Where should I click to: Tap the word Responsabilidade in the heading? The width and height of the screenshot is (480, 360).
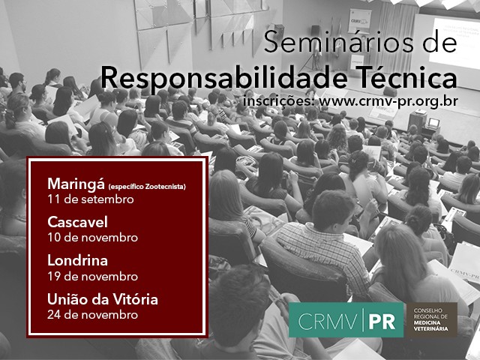click(x=224, y=78)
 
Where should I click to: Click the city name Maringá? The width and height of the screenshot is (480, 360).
click(x=76, y=184)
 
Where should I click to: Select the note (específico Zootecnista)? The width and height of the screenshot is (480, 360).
click(x=147, y=187)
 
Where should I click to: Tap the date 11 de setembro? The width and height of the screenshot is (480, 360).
click(x=91, y=199)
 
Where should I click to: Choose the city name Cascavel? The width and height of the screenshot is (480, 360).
click(x=77, y=222)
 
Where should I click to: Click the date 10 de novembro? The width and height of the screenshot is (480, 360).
click(x=93, y=238)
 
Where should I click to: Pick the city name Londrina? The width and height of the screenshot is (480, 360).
click(x=77, y=260)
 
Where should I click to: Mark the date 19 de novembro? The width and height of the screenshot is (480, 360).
click(x=93, y=277)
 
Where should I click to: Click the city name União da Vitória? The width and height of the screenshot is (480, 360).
click(x=103, y=299)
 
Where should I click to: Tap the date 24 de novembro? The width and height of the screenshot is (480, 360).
click(x=93, y=315)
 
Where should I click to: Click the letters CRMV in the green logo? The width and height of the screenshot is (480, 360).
click(x=327, y=321)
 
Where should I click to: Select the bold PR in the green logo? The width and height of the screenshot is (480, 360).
click(x=382, y=321)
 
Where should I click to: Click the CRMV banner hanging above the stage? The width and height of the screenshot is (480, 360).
click(x=359, y=21)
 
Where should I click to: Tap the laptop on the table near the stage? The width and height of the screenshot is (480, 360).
click(x=433, y=123)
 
